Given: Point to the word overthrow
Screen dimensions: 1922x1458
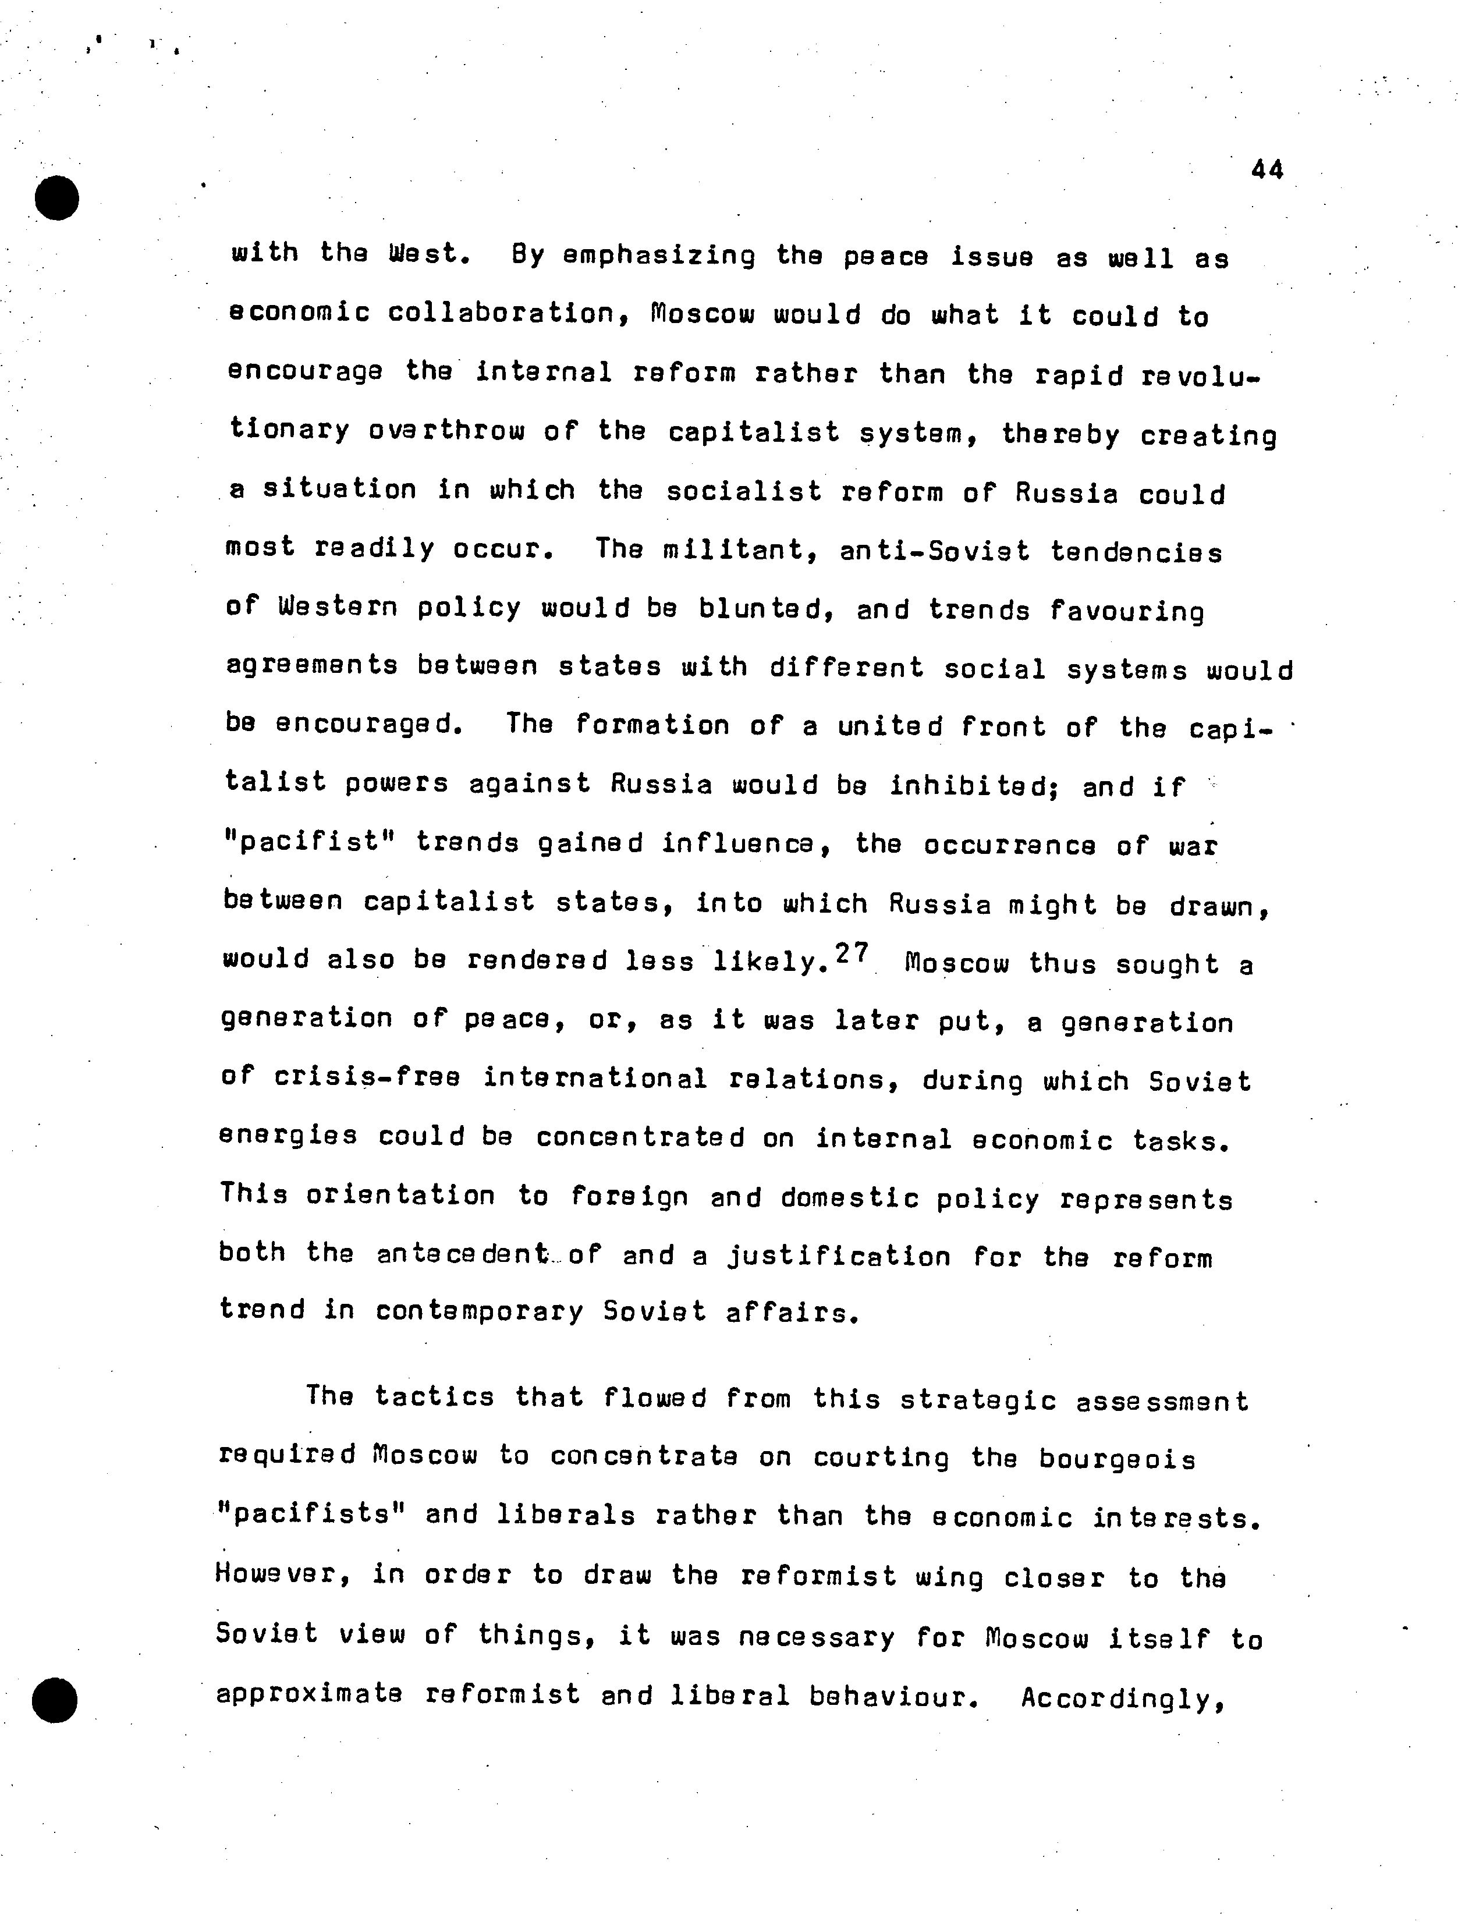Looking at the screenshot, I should click(446, 431).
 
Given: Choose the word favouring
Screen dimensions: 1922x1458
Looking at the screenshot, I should click(1126, 612).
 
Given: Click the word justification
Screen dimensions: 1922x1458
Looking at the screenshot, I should click(839, 1257).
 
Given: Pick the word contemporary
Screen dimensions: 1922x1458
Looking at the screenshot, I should click(480, 1311).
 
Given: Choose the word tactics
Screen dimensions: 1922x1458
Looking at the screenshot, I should click(434, 1398).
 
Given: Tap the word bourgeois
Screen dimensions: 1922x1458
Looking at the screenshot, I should click(1116, 1459).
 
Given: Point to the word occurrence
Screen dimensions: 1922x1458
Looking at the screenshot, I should click(1009, 845).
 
